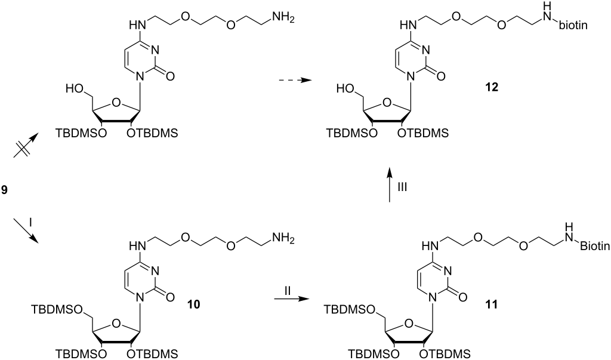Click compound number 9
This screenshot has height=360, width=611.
click(4, 190)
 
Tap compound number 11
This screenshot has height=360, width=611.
click(491, 304)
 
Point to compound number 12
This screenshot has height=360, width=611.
click(492, 87)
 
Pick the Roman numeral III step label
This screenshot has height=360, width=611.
click(402, 187)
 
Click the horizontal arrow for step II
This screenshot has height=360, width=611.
click(288, 299)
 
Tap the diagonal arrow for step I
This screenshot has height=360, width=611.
click(26, 231)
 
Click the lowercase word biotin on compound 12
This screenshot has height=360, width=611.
click(573, 26)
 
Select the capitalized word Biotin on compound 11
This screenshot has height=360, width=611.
click(595, 246)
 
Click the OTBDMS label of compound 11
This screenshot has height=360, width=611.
click(445, 354)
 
